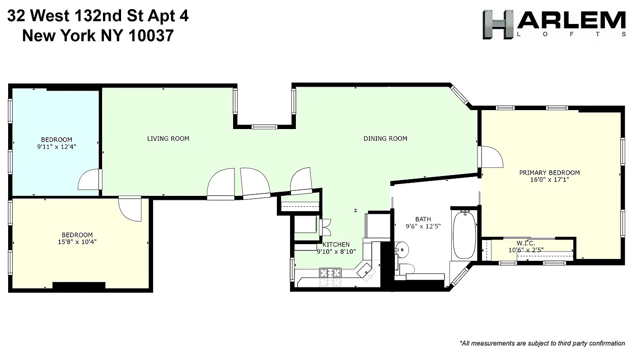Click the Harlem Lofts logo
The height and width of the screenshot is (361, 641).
coord(554,25)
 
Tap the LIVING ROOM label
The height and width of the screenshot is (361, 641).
coord(168,139)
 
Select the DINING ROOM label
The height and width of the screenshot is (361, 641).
coord(385,139)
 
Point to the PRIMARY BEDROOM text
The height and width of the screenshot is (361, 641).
coord(549,172)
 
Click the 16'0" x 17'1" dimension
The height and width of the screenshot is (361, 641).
coord(549,180)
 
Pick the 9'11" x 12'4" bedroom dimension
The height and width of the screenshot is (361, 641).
coord(56,147)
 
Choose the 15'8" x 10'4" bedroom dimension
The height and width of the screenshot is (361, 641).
coord(77,242)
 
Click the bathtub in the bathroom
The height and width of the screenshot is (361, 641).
coord(464,234)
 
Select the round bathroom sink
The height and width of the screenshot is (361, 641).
coord(401,249)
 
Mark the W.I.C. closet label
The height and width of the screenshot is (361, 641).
coord(526,243)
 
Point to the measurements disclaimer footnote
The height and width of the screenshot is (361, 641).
coord(542,343)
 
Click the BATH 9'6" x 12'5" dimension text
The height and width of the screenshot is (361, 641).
coord(423,227)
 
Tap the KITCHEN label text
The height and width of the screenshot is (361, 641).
coord(336,245)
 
